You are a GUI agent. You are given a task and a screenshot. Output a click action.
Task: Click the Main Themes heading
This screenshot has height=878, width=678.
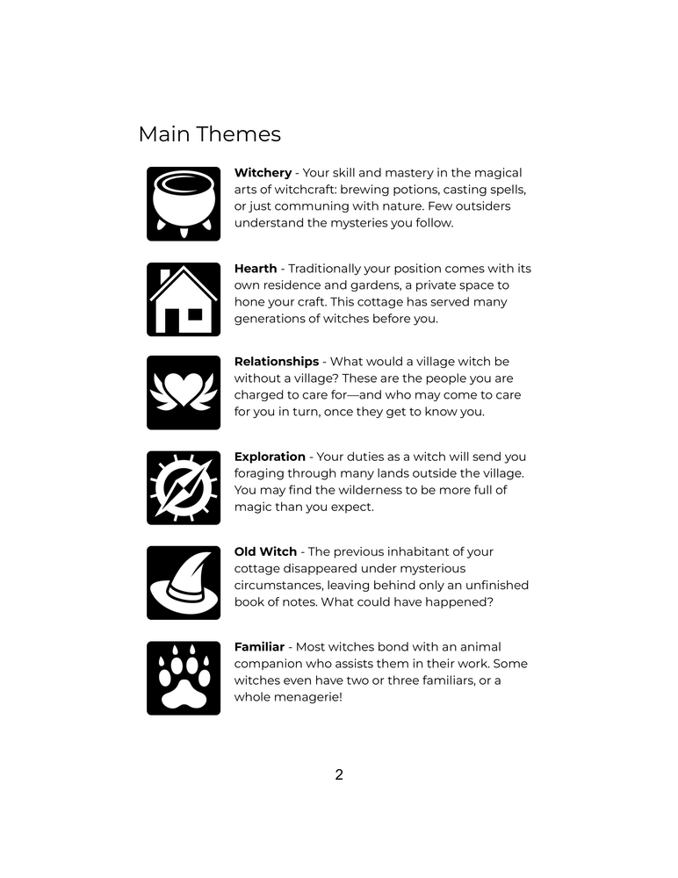(x=209, y=134)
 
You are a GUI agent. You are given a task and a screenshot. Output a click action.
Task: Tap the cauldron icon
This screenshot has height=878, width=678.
(x=184, y=204)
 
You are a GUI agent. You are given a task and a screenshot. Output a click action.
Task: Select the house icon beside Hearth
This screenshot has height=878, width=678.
(x=184, y=299)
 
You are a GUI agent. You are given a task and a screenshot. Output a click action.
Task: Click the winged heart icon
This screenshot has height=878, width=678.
(x=184, y=392)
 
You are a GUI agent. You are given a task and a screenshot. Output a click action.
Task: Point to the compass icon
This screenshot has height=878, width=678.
(x=184, y=488)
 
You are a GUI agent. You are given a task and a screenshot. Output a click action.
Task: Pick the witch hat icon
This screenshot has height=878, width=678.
(x=184, y=583)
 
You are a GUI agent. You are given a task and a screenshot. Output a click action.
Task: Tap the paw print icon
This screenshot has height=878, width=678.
(x=184, y=678)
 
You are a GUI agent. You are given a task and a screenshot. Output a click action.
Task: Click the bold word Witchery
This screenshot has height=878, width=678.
(x=263, y=173)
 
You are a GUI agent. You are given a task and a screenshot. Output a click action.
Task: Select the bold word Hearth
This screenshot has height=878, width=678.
(x=255, y=269)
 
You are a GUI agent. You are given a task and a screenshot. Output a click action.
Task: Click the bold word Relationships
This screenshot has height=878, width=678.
(x=276, y=362)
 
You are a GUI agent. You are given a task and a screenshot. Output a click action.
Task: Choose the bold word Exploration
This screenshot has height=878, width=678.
(x=270, y=457)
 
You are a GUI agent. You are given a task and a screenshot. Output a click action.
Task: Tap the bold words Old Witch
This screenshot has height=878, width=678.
(x=265, y=551)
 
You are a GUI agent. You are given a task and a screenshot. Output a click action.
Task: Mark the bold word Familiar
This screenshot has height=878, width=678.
(x=259, y=647)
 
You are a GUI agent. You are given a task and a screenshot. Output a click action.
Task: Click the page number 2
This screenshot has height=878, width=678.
(x=339, y=775)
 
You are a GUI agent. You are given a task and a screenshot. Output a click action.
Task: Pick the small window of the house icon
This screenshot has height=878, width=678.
(x=195, y=313)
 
